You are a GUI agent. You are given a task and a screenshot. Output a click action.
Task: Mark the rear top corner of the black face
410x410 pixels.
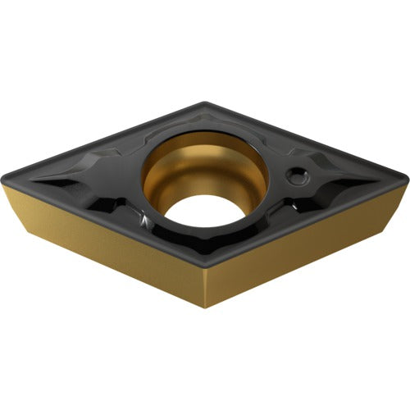click(x=205, y=103)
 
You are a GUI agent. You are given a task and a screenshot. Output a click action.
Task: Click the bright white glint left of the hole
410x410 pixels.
click(x=144, y=220)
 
